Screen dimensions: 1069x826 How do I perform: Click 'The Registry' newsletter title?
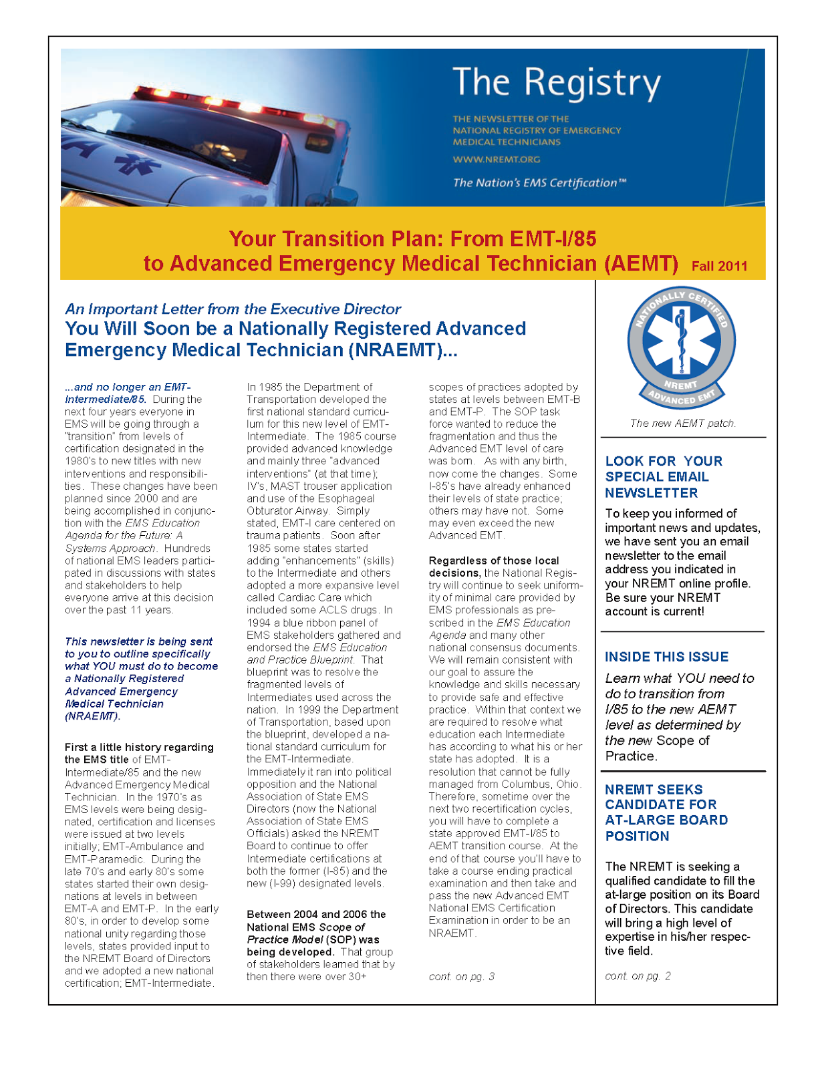pyautogui.click(x=556, y=83)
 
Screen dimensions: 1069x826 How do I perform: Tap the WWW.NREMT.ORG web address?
pyautogui.click(x=496, y=160)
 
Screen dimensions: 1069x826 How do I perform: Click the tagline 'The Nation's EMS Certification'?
pyautogui.click(x=539, y=182)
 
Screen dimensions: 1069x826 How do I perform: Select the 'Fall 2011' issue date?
pyautogui.click(x=719, y=266)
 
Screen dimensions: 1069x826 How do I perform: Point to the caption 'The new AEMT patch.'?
pyautogui.click(x=682, y=423)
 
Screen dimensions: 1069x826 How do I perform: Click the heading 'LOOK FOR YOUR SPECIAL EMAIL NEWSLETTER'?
pyautogui.click(x=663, y=476)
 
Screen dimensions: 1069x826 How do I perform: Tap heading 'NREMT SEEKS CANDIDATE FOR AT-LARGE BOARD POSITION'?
pyautogui.click(x=666, y=812)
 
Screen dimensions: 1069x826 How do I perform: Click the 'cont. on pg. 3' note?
pyautogui.click(x=461, y=976)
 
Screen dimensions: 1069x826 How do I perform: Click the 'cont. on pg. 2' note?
pyautogui.click(x=638, y=975)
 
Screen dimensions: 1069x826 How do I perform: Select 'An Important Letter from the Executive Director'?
pyautogui.click(x=233, y=309)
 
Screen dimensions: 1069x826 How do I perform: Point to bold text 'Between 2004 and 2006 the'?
pyautogui.click(x=315, y=914)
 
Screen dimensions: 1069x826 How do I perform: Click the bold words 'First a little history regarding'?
pyautogui.click(x=139, y=747)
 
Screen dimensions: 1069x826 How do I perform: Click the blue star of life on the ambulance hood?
pyautogui.click(x=137, y=165)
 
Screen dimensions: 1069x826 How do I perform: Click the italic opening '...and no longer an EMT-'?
pyautogui.click(x=128, y=387)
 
